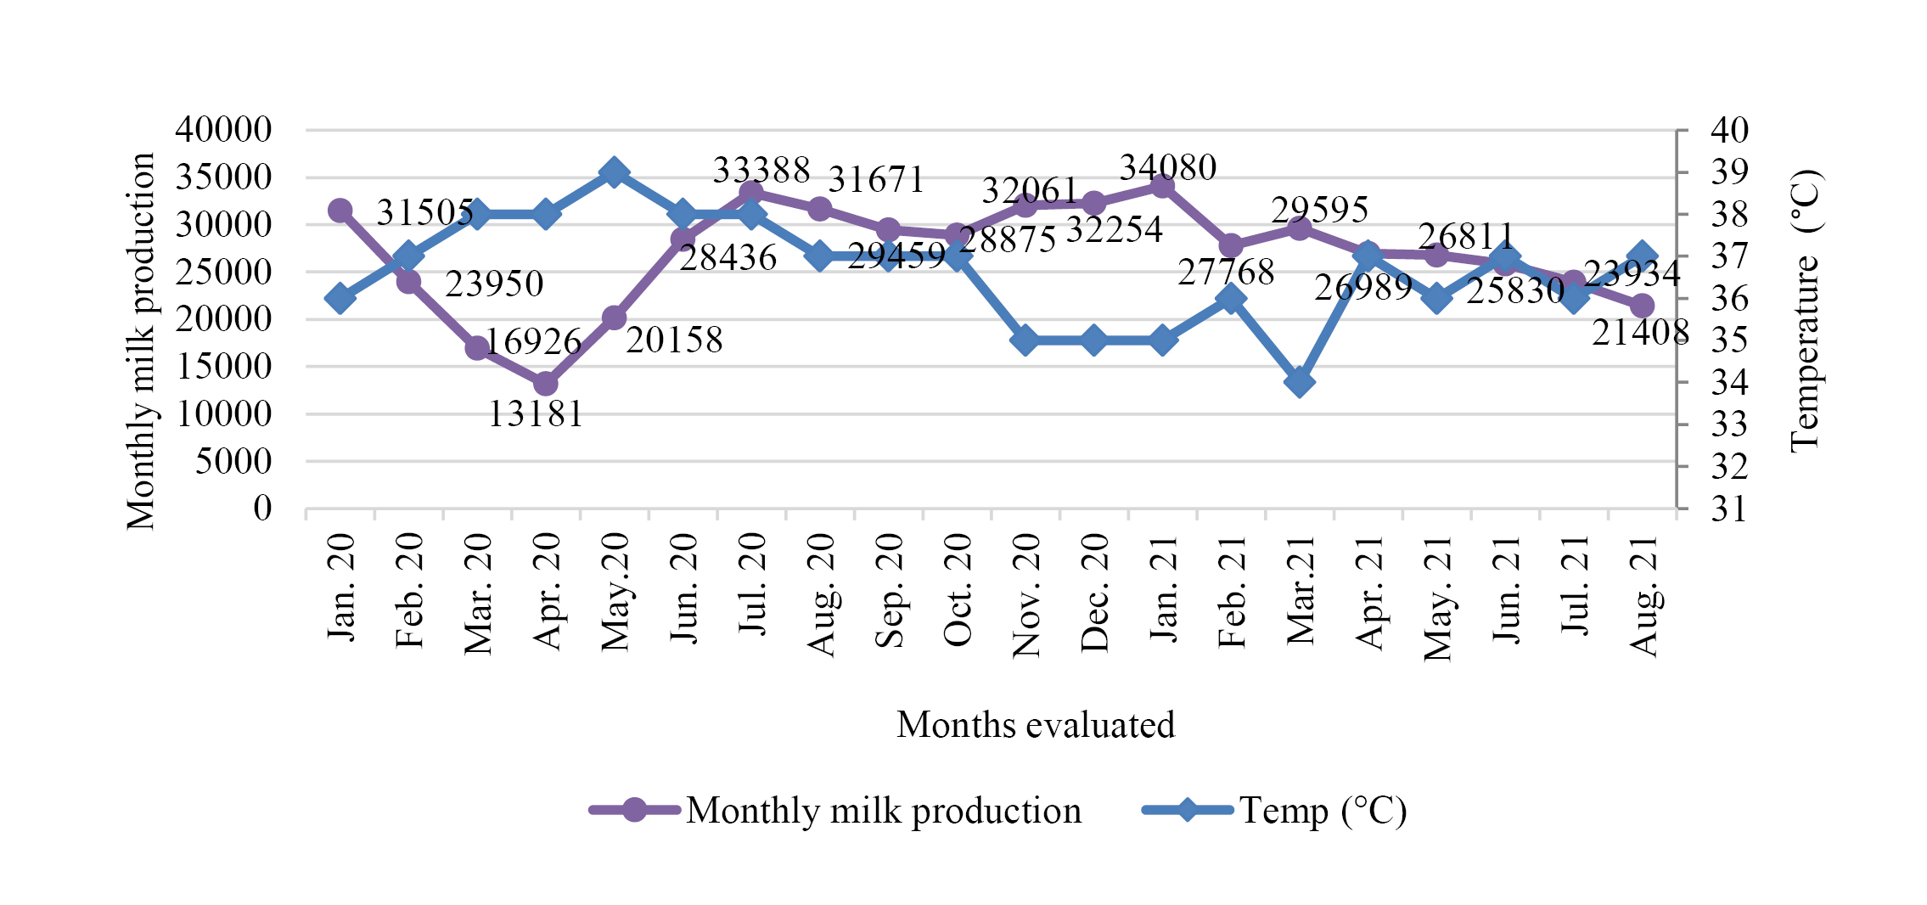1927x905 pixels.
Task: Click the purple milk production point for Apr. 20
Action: click(546, 384)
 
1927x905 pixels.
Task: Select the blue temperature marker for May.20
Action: click(615, 172)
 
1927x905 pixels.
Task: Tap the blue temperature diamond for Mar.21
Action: click(1300, 382)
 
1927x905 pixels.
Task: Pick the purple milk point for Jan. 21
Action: click(1163, 186)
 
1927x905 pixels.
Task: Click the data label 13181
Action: click(536, 414)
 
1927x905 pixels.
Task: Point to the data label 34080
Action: click(1168, 168)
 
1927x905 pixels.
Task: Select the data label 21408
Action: click(1640, 333)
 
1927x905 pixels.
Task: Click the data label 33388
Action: click(761, 171)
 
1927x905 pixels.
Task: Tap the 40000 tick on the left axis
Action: click(223, 130)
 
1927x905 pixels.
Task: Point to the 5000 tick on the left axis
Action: click(233, 461)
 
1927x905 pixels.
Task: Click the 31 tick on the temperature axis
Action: click(1729, 509)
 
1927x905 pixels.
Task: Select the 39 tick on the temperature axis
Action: click(1729, 172)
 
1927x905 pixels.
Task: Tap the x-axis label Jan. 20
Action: click(341, 587)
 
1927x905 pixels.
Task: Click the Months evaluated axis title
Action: click(1036, 725)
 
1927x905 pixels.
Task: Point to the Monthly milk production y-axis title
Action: click(140, 341)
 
